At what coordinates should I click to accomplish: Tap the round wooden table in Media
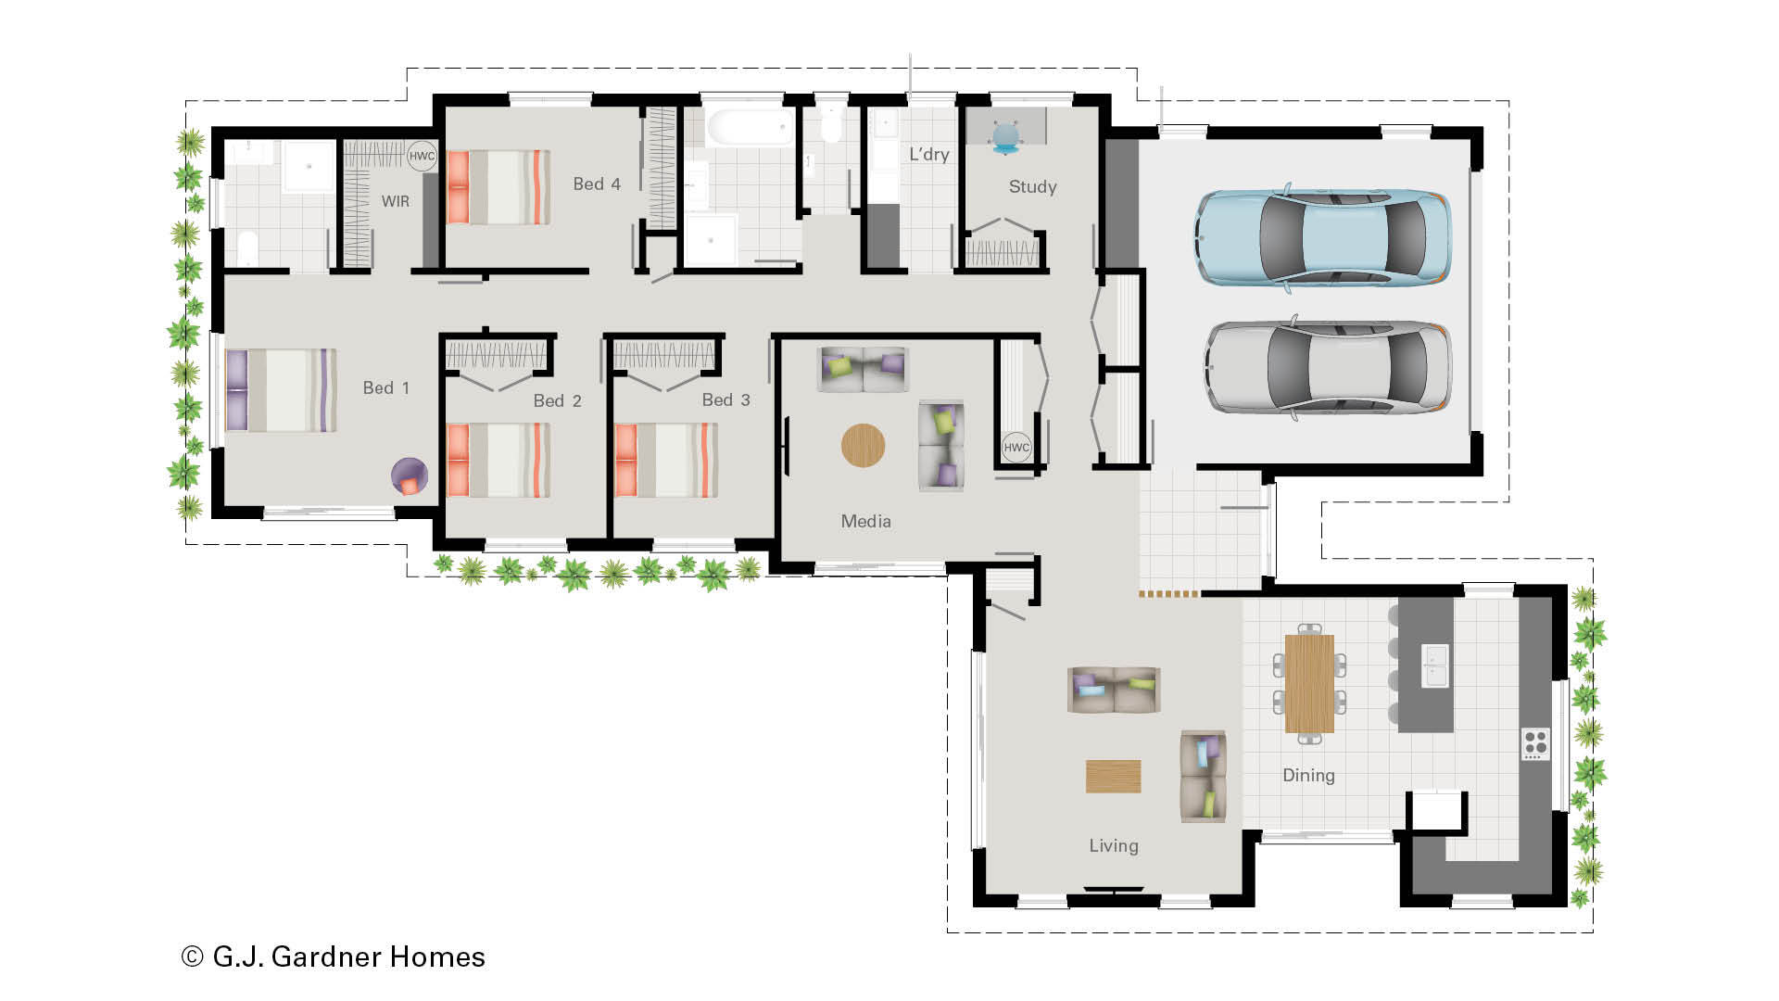[x=863, y=446]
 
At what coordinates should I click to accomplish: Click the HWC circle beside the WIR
[x=422, y=156]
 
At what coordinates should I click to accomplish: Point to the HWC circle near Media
[x=1016, y=447]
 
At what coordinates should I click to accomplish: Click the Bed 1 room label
[x=385, y=388]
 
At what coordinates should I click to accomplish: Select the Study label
[x=1032, y=187]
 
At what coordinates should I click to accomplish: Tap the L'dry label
[x=928, y=155]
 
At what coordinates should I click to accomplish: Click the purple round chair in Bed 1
[x=410, y=476]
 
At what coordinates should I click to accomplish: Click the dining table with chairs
[x=1309, y=684]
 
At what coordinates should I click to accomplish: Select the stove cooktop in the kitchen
[x=1535, y=743]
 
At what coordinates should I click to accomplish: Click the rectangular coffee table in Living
[x=1113, y=777]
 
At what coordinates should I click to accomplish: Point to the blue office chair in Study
[x=1005, y=137]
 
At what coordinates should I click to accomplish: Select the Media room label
[x=865, y=522]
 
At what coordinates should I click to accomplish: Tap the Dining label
[x=1308, y=776]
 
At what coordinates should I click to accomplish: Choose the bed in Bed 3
[x=666, y=461]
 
